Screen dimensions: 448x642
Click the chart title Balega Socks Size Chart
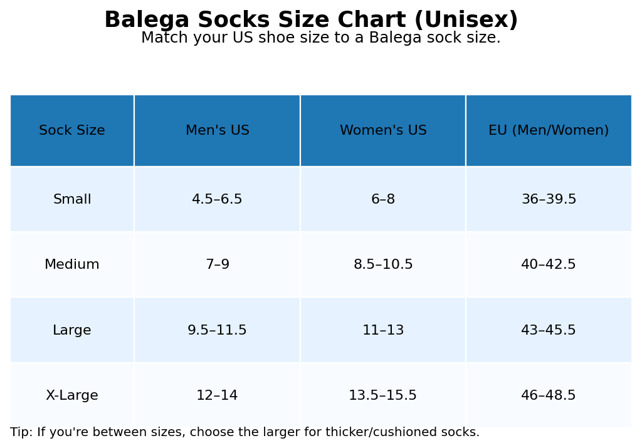click(x=311, y=20)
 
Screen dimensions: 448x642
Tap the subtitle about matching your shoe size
click(x=320, y=38)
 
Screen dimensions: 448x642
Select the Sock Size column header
click(x=72, y=131)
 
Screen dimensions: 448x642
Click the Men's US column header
click(x=217, y=131)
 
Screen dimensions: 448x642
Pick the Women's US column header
click(x=383, y=131)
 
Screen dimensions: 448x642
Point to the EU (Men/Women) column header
click(x=549, y=131)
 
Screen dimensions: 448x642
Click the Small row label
click(x=72, y=200)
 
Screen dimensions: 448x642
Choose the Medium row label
click(x=72, y=265)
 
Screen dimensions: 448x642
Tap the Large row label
click(x=72, y=330)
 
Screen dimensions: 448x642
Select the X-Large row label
click(x=72, y=396)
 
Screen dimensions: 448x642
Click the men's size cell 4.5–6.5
click(x=217, y=200)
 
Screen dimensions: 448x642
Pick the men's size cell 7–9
click(x=217, y=265)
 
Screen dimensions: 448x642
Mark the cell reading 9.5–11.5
click(x=217, y=330)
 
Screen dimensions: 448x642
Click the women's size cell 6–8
click(x=383, y=200)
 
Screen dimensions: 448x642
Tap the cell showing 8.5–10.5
click(x=383, y=265)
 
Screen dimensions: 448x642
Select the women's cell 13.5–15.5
click(x=383, y=396)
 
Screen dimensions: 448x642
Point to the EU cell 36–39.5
click(x=549, y=200)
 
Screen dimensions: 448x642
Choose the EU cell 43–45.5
click(x=549, y=330)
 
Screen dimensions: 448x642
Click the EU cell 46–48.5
click(x=549, y=396)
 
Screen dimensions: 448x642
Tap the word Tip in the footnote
click(x=20, y=432)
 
